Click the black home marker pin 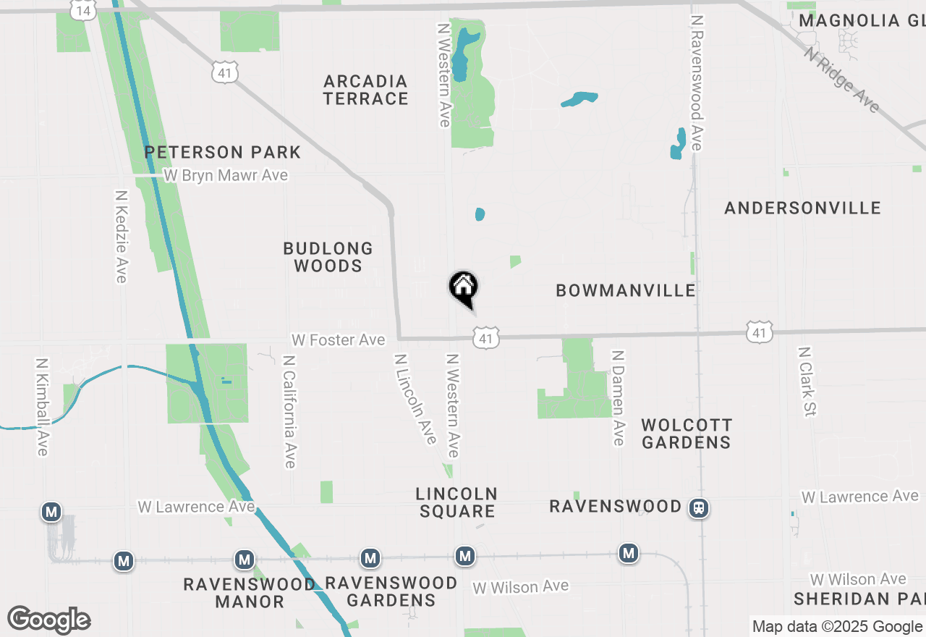coord(464,288)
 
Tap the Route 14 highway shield coord(83,9)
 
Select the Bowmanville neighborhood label coord(626,290)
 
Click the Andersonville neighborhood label coord(802,208)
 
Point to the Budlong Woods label coord(328,257)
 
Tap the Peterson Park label coord(222,152)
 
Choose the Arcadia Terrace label coord(365,90)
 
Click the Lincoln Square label coord(456,502)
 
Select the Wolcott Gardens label coord(686,433)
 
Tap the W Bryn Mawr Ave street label coord(225,175)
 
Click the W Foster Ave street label coord(338,339)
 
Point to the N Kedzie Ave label coord(121,237)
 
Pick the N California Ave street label coord(289,411)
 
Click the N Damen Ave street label coord(617,397)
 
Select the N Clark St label coord(806,381)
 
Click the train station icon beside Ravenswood coord(699,508)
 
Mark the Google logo coord(48,620)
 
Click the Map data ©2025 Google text coord(837,627)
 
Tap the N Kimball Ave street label coord(42,407)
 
